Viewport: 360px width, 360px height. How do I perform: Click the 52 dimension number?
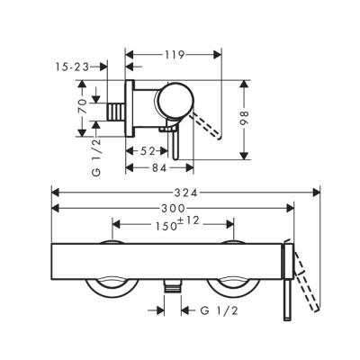point(150,149)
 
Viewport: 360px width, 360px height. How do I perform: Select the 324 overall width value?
point(186,192)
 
